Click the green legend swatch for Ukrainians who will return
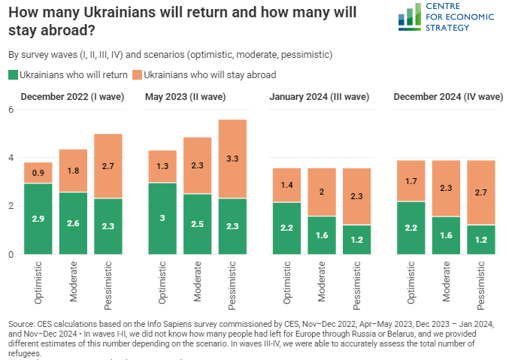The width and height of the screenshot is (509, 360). click(13, 75)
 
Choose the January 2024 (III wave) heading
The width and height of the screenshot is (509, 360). click(320, 96)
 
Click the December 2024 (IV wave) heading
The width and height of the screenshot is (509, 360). click(448, 96)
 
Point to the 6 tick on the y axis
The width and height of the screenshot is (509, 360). click(11, 110)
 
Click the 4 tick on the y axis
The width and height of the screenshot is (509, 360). click(11, 158)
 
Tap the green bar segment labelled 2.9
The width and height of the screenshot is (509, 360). click(38, 219)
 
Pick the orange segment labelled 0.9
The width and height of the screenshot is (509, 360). click(38, 173)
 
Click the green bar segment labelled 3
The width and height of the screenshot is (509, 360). click(162, 219)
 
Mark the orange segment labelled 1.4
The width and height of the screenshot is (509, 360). click(287, 185)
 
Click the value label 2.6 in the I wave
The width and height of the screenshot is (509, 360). click(73, 223)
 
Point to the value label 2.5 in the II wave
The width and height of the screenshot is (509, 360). click(198, 224)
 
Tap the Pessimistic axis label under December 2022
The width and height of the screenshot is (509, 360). click(108, 286)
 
